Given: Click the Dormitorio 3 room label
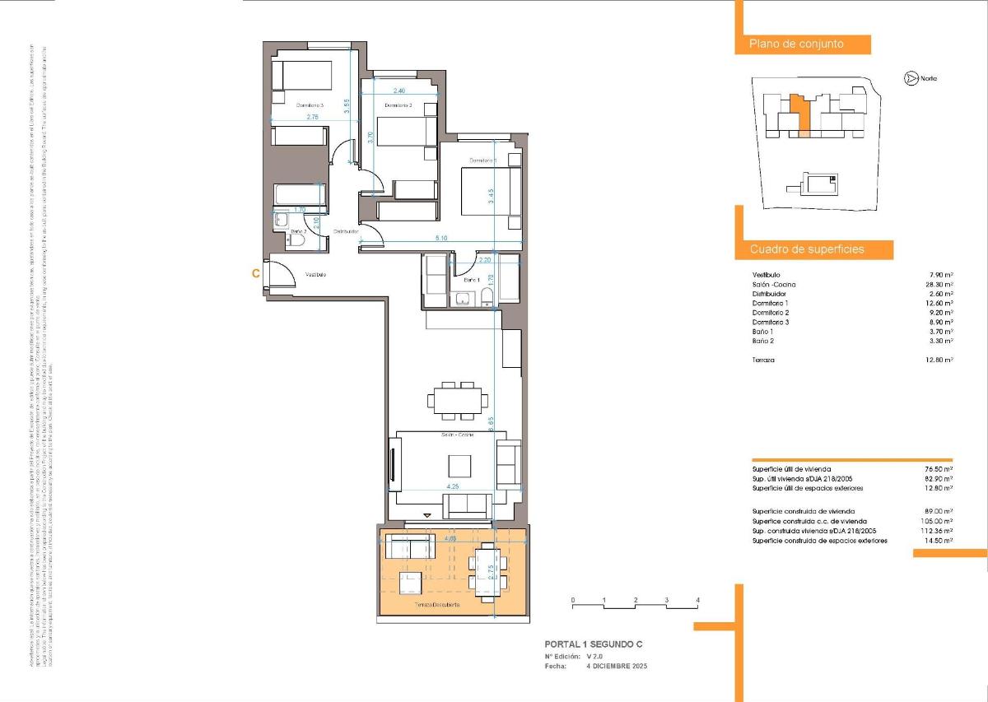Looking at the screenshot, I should click(310, 105).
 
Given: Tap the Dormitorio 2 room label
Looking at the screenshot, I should click(398, 105).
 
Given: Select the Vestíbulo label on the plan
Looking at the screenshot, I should click(316, 274).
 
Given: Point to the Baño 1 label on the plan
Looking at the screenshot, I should click(471, 280).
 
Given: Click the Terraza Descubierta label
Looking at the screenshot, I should click(436, 605).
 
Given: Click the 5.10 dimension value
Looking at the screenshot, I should click(443, 239).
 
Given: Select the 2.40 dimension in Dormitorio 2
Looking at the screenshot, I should click(399, 91).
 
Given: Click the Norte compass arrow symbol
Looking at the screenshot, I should click(911, 78).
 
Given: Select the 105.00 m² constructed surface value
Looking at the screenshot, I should click(937, 521).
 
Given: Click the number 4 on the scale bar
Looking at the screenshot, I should click(697, 600).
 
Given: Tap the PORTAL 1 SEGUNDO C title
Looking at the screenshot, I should click(594, 644).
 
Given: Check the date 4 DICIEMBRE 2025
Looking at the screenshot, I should click(617, 666).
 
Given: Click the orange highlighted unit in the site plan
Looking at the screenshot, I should click(799, 113).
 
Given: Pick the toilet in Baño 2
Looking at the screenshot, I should click(299, 242).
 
